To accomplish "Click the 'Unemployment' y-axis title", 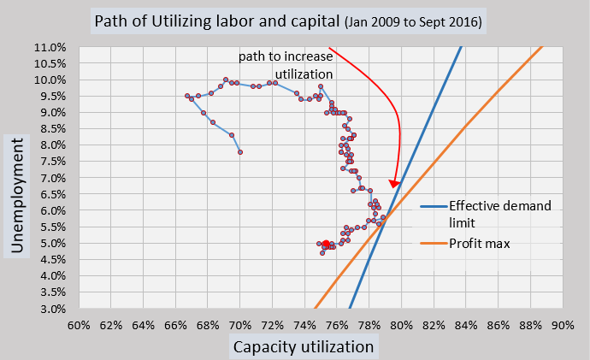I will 18,192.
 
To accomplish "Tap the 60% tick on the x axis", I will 79,325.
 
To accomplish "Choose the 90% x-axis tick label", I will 563,325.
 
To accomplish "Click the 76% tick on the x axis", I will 337,325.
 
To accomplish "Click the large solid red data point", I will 326,244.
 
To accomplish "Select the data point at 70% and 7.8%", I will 240,152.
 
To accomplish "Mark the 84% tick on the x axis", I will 466,325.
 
